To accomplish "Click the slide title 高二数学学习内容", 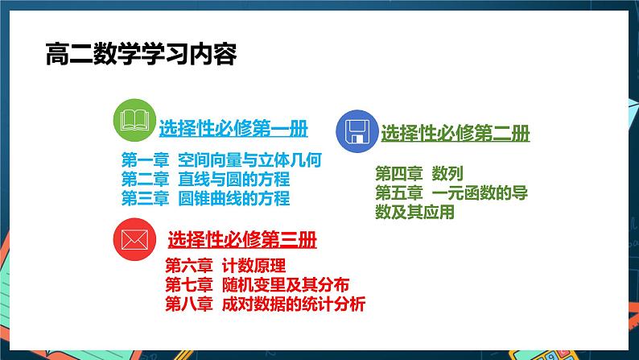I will (141, 56).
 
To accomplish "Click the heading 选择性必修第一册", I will (233, 128).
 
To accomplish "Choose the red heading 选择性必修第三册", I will (241, 240).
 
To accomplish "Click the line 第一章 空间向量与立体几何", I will (221, 159).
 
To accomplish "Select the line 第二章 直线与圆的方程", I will (205, 179).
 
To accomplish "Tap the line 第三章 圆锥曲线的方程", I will (205, 198).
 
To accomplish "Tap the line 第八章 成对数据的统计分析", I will (265, 304).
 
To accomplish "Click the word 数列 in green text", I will (447, 173).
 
